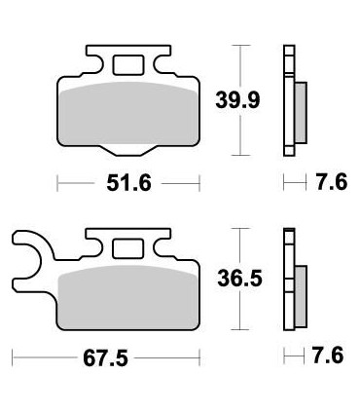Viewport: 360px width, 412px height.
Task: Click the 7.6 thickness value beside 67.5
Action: coord(325,356)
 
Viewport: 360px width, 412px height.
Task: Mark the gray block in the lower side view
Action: coord(300,292)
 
